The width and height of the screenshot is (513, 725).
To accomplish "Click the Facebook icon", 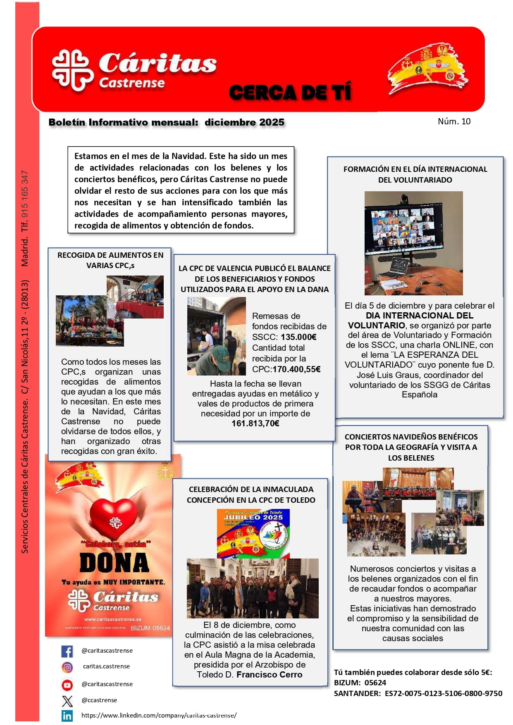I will click(67, 651).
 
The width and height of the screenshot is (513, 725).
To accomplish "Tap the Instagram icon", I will click(67, 667).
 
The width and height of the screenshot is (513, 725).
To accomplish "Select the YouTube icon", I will click(67, 685).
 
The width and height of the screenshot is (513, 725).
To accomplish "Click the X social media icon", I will click(67, 701).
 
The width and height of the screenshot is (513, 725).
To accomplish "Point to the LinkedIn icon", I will click(67, 715).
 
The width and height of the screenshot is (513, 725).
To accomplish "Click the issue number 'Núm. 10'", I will click(454, 121).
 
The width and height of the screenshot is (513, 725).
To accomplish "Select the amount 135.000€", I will click(298, 337).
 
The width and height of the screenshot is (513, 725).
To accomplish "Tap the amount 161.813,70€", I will click(255, 423).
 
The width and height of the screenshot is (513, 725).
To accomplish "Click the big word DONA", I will click(114, 563).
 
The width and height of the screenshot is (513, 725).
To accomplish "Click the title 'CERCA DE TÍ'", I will click(290, 92).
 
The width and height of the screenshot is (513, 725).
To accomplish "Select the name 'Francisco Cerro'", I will click(269, 675).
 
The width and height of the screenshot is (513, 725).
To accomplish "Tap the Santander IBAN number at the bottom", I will click(444, 694).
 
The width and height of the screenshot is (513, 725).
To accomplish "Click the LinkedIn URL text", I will click(159, 715).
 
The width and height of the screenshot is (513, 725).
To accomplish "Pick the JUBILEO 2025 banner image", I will click(253, 534).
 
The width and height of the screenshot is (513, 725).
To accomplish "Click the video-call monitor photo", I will click(413, 243).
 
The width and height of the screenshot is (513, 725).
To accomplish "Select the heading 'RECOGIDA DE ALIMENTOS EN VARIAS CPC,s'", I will click(110, 260).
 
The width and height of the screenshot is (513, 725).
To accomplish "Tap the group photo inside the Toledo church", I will click(253, 588).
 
